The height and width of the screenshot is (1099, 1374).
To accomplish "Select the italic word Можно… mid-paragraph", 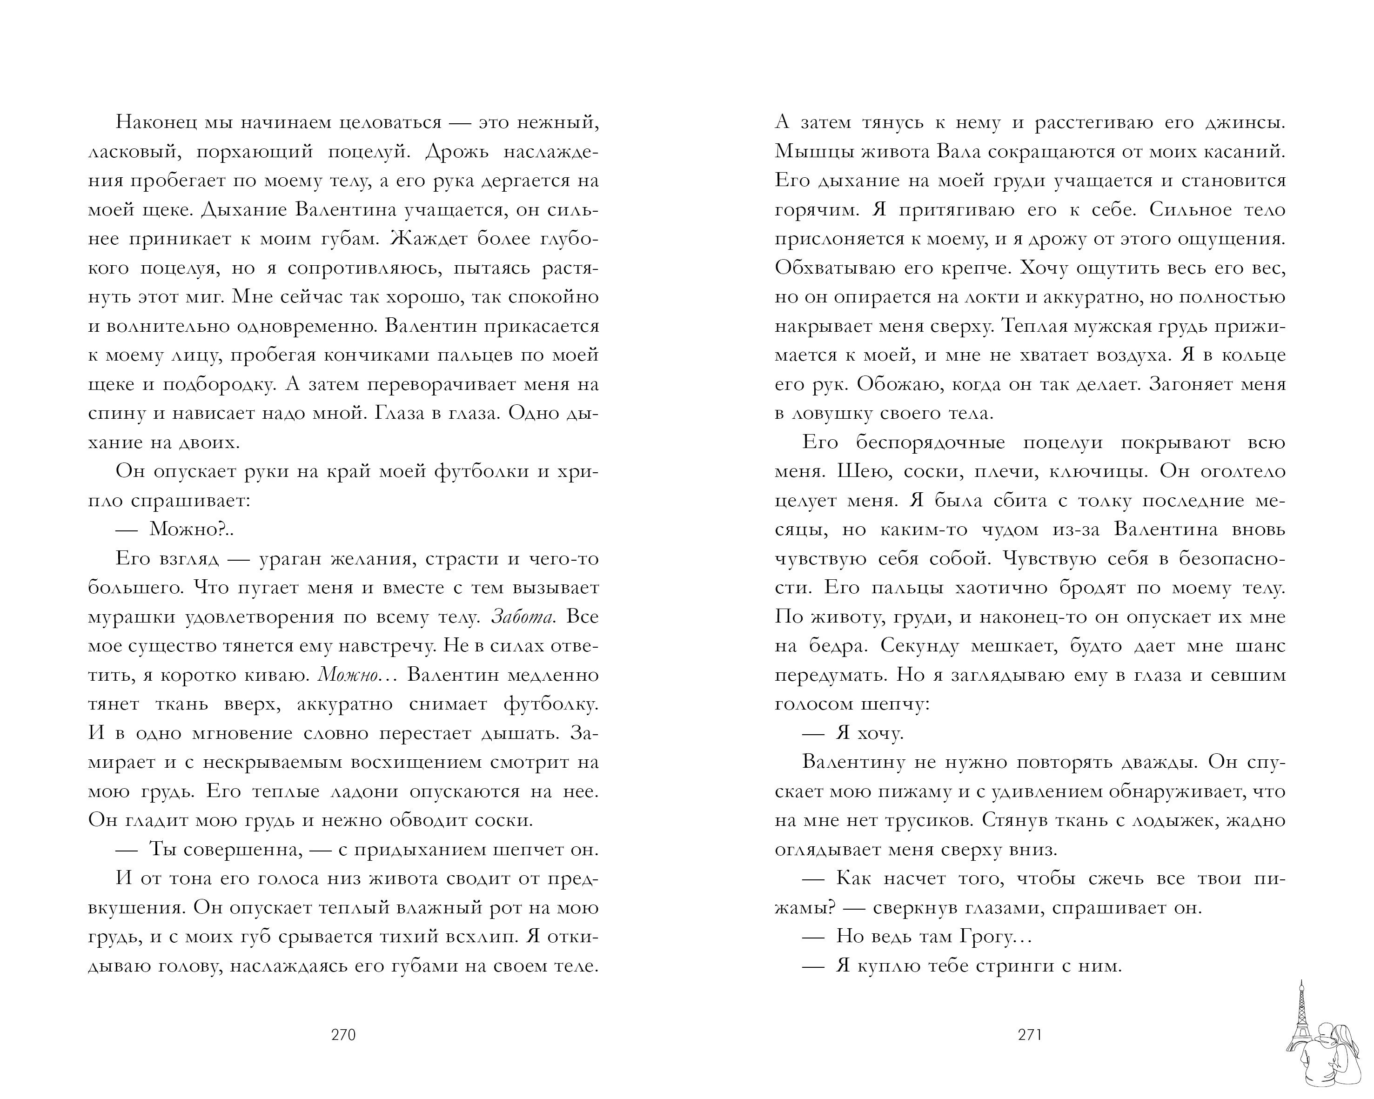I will tap(357, 675).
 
